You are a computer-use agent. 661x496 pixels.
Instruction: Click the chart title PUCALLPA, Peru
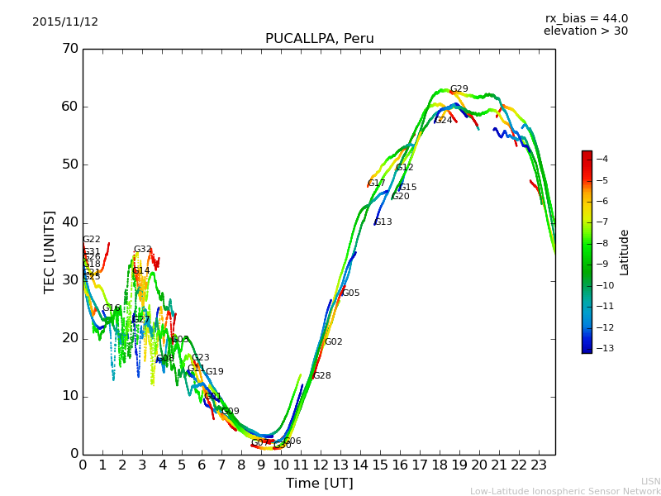coord(319,39)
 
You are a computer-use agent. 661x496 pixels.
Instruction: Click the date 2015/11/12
coord(65,22)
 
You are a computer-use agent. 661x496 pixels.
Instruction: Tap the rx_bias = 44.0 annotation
coord(586,19)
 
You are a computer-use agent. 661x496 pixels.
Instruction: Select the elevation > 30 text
coord(585,31)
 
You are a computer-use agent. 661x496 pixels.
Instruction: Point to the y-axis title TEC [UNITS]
coord(50,251)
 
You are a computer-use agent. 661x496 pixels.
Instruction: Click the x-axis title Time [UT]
coord(319,484)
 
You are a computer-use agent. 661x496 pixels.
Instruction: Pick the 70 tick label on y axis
coord(69,49)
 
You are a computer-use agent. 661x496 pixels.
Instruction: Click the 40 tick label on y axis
coord(69,222)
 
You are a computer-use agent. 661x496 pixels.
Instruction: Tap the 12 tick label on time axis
coord(320,465)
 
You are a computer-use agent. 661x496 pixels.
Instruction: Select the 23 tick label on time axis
coord(538,465)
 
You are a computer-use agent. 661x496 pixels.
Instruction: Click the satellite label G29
coord(459,89)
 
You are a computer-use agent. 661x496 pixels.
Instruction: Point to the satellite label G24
coord(444,121)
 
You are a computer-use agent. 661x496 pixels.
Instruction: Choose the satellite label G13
coord(383,222)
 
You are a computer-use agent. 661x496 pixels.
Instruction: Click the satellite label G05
coord(351,293)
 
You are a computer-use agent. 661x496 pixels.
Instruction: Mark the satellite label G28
coord(321,376)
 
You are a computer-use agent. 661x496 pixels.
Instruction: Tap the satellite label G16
coord(112,308)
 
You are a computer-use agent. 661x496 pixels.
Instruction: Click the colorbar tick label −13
coord(601,348)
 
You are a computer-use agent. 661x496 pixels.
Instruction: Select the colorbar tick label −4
coord(601,159)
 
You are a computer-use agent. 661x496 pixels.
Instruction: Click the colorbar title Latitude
coord(625,252)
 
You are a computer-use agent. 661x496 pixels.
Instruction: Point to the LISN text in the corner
coord(651,481)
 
